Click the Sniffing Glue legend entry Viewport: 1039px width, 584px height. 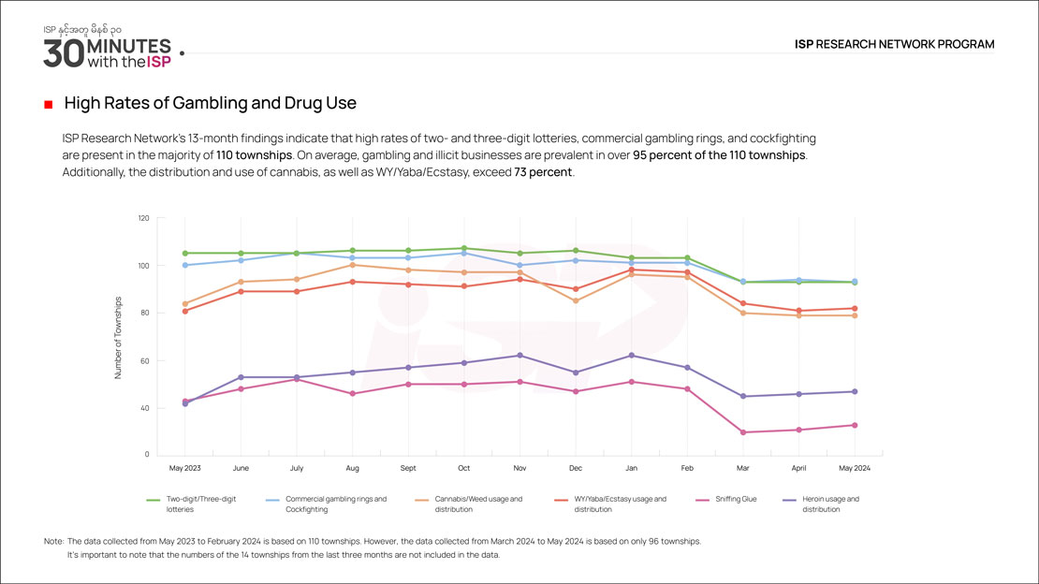[x=735, y=500]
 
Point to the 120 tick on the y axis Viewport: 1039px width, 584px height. [x=143, y=218]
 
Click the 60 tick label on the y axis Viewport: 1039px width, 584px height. [x=144, y=360]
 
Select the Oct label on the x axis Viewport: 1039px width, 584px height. [x=463, y=466]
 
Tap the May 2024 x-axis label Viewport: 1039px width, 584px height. [x=854, y=466]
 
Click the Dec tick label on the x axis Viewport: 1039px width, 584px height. [x=575, y=466]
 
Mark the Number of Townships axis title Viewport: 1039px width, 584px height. [x=119, y=338]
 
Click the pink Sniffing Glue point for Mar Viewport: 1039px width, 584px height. [x=742, y=432]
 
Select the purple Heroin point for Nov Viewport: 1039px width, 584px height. [x=519, y=356]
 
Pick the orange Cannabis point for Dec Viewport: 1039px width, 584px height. [x=576, y=300]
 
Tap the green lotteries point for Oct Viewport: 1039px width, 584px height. [x=464, y=248]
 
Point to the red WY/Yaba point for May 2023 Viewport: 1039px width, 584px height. [x=185, y=311]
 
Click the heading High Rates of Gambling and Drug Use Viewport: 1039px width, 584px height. [x=210, y=103]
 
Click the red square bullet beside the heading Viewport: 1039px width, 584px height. [x=48, y=104]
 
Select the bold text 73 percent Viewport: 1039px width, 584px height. [x=542, y=173]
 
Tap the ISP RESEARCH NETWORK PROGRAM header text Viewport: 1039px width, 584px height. [x=894, y=44]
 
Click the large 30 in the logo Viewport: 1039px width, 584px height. [x=63, y=52]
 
